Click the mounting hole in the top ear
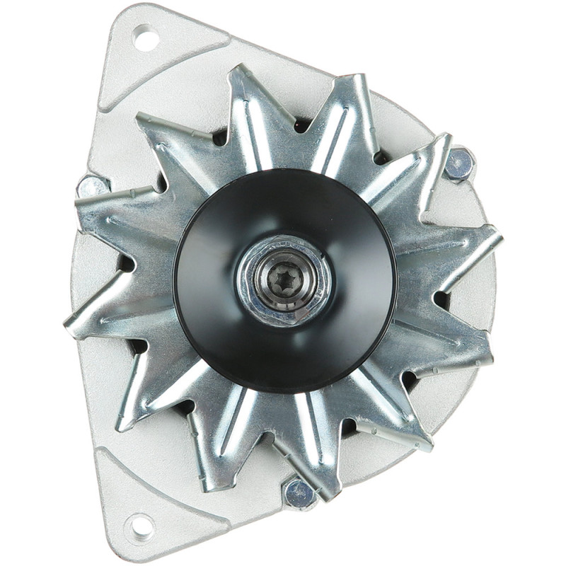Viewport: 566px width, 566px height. coord(145,37)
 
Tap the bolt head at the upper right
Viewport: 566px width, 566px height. coord(460,164)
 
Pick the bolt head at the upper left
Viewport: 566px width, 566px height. coord(93,187)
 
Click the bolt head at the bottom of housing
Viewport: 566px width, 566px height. coord(299,493)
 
